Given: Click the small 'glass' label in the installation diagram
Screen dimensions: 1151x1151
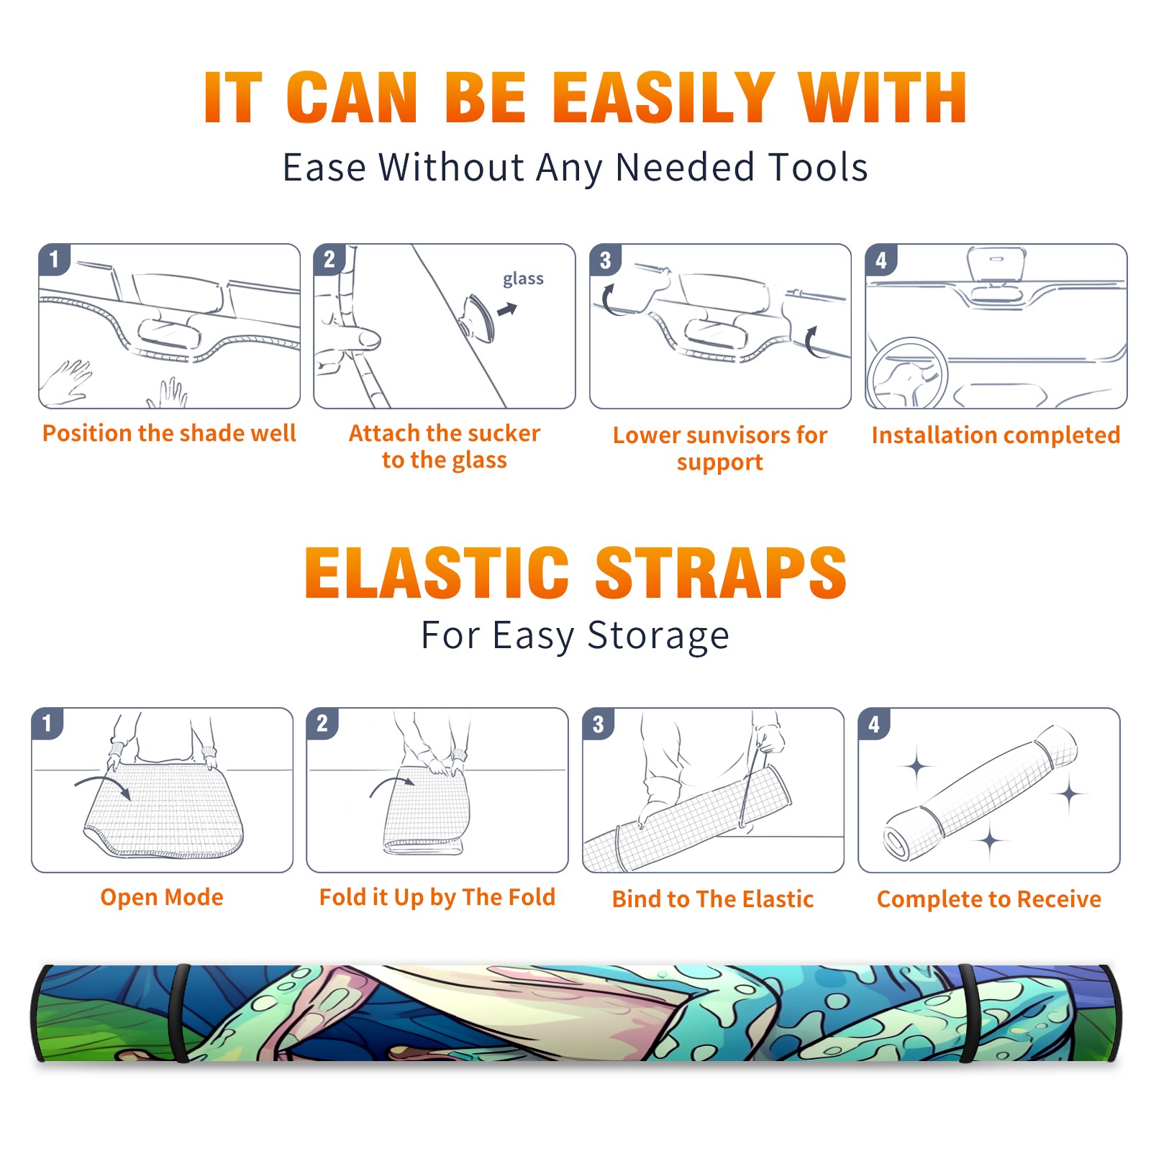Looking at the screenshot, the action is [523, 279].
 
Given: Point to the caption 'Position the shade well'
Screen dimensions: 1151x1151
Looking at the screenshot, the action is [169, 433].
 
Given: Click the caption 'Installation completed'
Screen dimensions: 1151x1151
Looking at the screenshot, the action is [996, 435].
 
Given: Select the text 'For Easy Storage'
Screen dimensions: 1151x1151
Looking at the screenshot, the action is [575, 635].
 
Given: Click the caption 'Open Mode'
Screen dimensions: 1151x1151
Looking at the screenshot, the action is [162, 897].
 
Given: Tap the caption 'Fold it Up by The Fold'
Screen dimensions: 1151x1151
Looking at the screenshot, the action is [437, 897].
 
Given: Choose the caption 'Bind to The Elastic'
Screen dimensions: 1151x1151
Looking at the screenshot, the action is [713, 899].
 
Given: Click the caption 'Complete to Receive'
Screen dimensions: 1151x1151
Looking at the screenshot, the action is [989, 899].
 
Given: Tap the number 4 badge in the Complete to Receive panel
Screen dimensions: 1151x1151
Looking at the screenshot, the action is [874, 723].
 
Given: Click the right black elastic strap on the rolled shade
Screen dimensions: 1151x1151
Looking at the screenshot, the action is [969, 1013].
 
